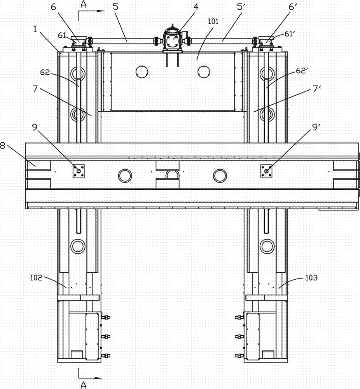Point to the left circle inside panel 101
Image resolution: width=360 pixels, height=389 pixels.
coord(142,71)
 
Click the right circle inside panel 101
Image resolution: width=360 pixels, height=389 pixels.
coord(204,71)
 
